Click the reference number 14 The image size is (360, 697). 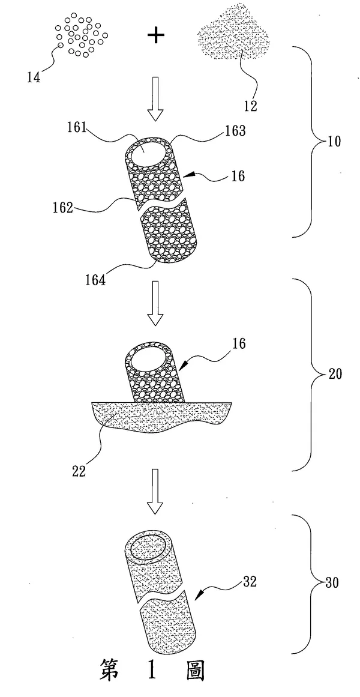point(34,77)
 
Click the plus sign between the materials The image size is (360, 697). point(155,36)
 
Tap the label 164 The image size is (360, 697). point(95,282)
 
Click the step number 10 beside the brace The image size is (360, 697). point(334,143)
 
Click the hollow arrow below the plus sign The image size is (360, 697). point(155,98)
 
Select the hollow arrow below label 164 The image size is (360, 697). point(155,304)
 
